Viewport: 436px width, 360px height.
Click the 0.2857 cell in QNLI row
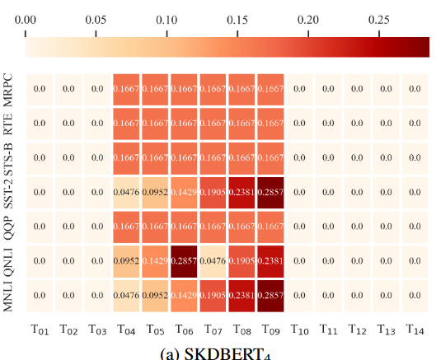185,260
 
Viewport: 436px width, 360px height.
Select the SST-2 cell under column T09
272,192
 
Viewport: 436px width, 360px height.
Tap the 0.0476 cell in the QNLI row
214,260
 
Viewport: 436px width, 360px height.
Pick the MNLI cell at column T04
127,295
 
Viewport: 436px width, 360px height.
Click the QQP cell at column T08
243,227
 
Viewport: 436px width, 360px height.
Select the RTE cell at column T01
40,124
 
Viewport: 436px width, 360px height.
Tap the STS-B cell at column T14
417,157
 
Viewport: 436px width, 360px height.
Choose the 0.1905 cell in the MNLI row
214,295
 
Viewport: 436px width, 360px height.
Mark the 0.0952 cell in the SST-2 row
156,192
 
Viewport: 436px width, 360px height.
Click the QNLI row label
9,260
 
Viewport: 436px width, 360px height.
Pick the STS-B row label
9,157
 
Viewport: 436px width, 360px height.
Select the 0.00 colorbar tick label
26,17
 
